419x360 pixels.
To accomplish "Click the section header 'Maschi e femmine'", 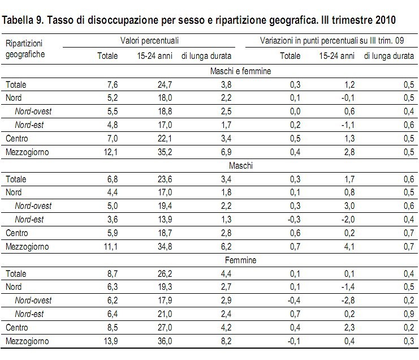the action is tap(240, 71).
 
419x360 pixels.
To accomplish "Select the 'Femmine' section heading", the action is tap(240, 260).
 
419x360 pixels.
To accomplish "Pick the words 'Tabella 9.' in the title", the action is tap(23, 21).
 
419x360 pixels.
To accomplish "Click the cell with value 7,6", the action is tap(111, 85).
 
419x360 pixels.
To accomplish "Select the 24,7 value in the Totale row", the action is tap(162, 85).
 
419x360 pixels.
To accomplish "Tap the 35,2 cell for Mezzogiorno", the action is tap(162, 152).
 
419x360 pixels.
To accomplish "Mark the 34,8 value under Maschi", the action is tap(162, 247).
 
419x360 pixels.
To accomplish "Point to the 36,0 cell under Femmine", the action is tap(162, 341).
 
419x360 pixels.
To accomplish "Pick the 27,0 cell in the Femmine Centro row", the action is tap(162, 328).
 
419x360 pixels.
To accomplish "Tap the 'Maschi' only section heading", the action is tap(240, 166).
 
